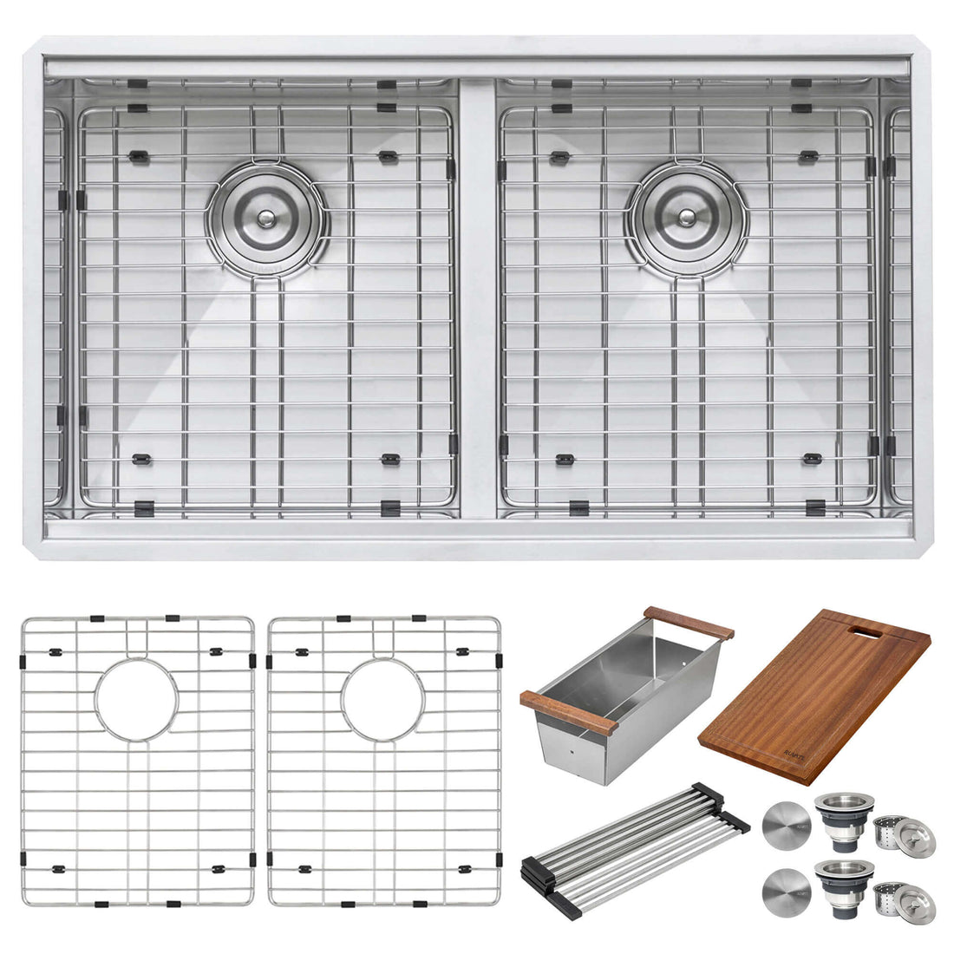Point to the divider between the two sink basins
tap(476, 295)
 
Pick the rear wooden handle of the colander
tap(689, 622)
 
